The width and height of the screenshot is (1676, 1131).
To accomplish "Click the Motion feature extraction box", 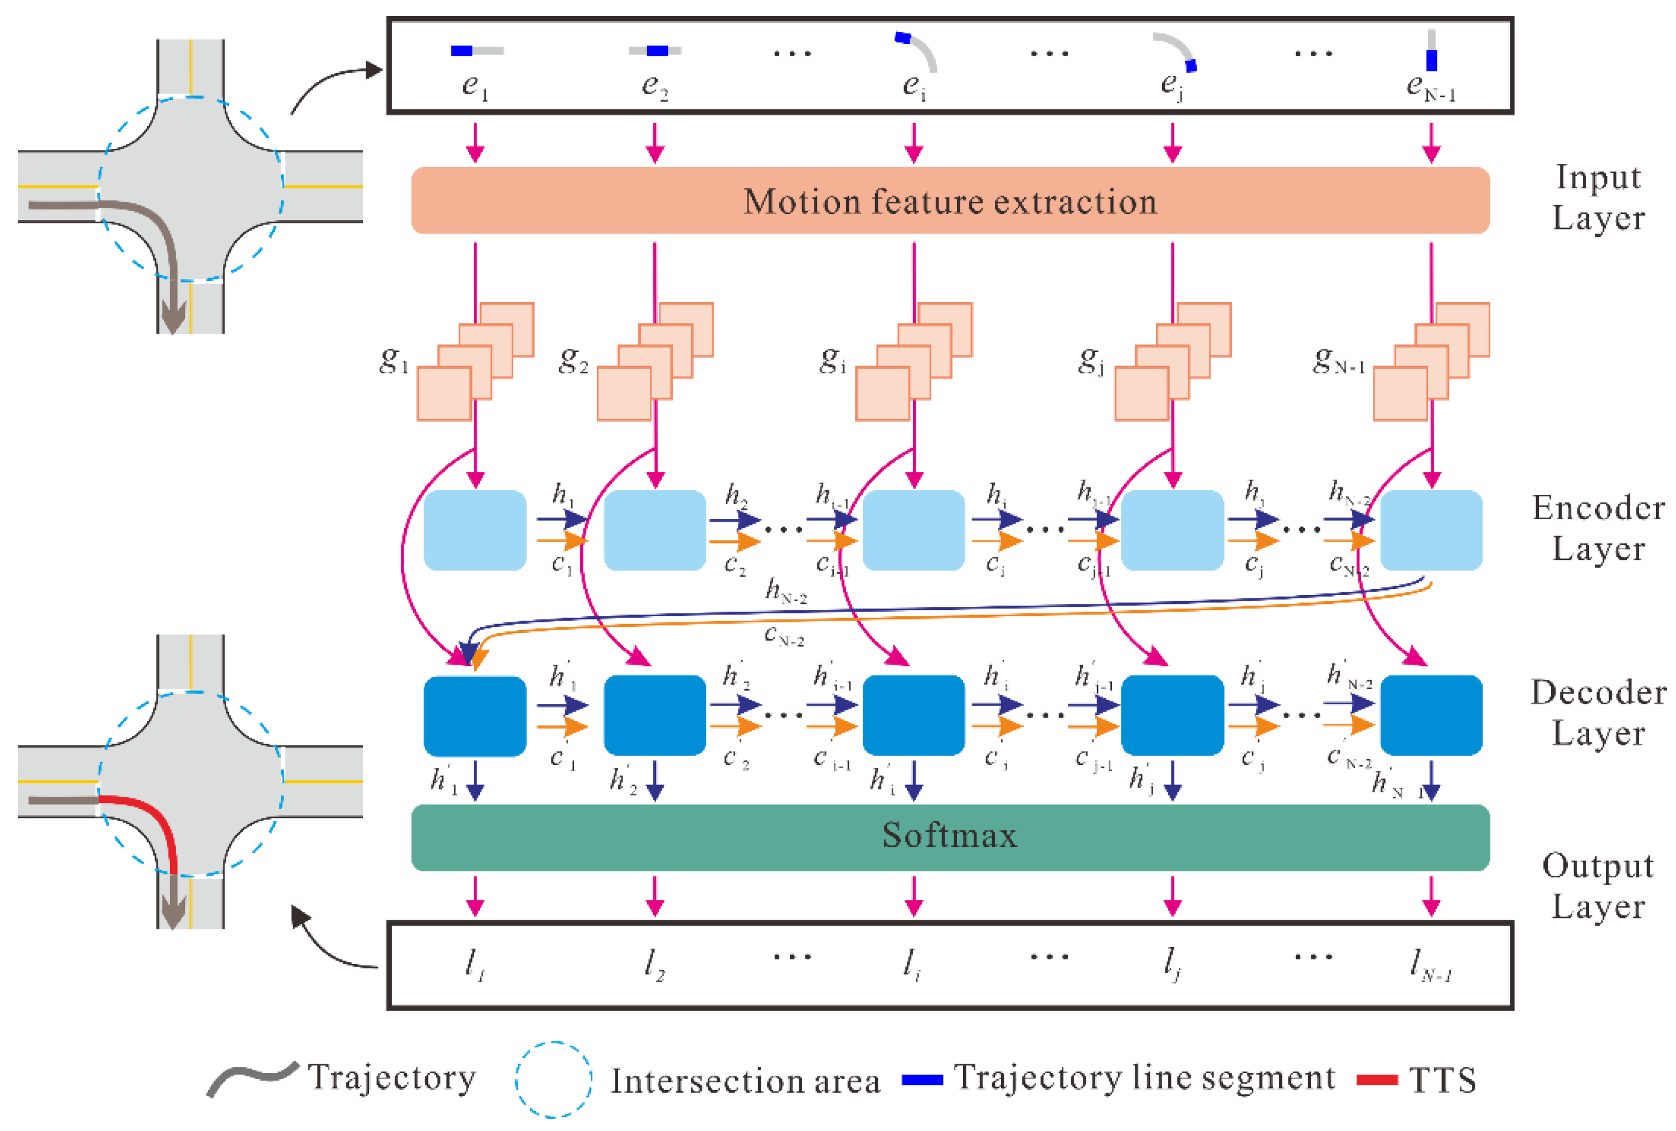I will click(x=949, y=201).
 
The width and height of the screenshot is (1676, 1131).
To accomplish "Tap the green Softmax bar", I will click(x=949, y=836).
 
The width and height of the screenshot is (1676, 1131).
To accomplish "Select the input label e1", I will click(x=474, y=86).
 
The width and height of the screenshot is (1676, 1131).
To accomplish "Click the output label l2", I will click(x=654, y=964).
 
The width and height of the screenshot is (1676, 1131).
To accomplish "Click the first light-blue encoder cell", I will click(x=474, y=530).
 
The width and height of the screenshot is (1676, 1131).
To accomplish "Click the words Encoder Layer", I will click(x=1598, y=528).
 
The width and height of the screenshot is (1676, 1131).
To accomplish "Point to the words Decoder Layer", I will click(x=1598, y=712).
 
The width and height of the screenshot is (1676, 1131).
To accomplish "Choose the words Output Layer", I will click(x=1598, y=885).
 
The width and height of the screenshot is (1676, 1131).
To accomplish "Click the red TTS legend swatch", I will click(x=1377, y=1079).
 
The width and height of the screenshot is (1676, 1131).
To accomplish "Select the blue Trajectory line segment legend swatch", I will click(x=922, y=1079).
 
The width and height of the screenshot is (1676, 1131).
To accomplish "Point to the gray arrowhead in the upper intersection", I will click(x=173, y=317).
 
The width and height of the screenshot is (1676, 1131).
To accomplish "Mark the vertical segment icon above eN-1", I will click(x=1431, y=51).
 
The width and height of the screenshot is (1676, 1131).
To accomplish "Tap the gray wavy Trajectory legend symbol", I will click(x=252, y=1078).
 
